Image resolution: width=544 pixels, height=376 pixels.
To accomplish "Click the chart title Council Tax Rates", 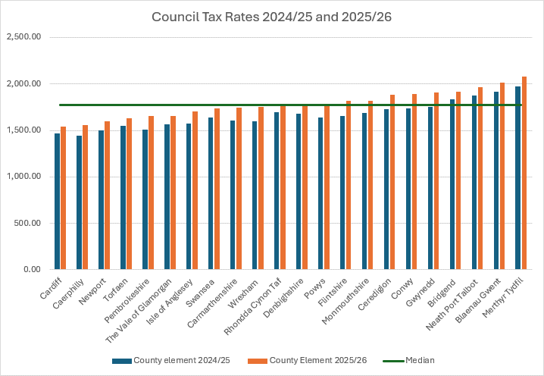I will pos(272,17).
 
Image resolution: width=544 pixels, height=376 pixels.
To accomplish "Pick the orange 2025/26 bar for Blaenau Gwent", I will pos(502,176).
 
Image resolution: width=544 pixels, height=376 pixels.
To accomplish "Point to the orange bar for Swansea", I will pos(217,189).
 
